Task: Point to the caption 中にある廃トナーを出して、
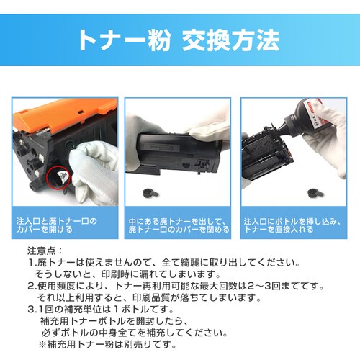176,220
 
